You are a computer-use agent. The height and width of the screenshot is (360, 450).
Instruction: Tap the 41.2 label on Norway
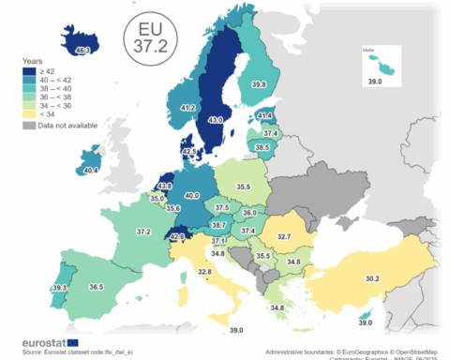click(187, 109)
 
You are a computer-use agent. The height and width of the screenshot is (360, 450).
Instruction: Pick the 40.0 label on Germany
click(192, 195)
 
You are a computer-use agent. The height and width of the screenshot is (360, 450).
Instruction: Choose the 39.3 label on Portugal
click(59, 288)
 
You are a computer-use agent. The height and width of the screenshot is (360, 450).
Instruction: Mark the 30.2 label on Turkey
click(371, 278)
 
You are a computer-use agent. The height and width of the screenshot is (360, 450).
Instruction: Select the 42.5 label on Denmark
click(188, 150)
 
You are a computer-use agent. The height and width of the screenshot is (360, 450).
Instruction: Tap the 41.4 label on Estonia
click(264, 116)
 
